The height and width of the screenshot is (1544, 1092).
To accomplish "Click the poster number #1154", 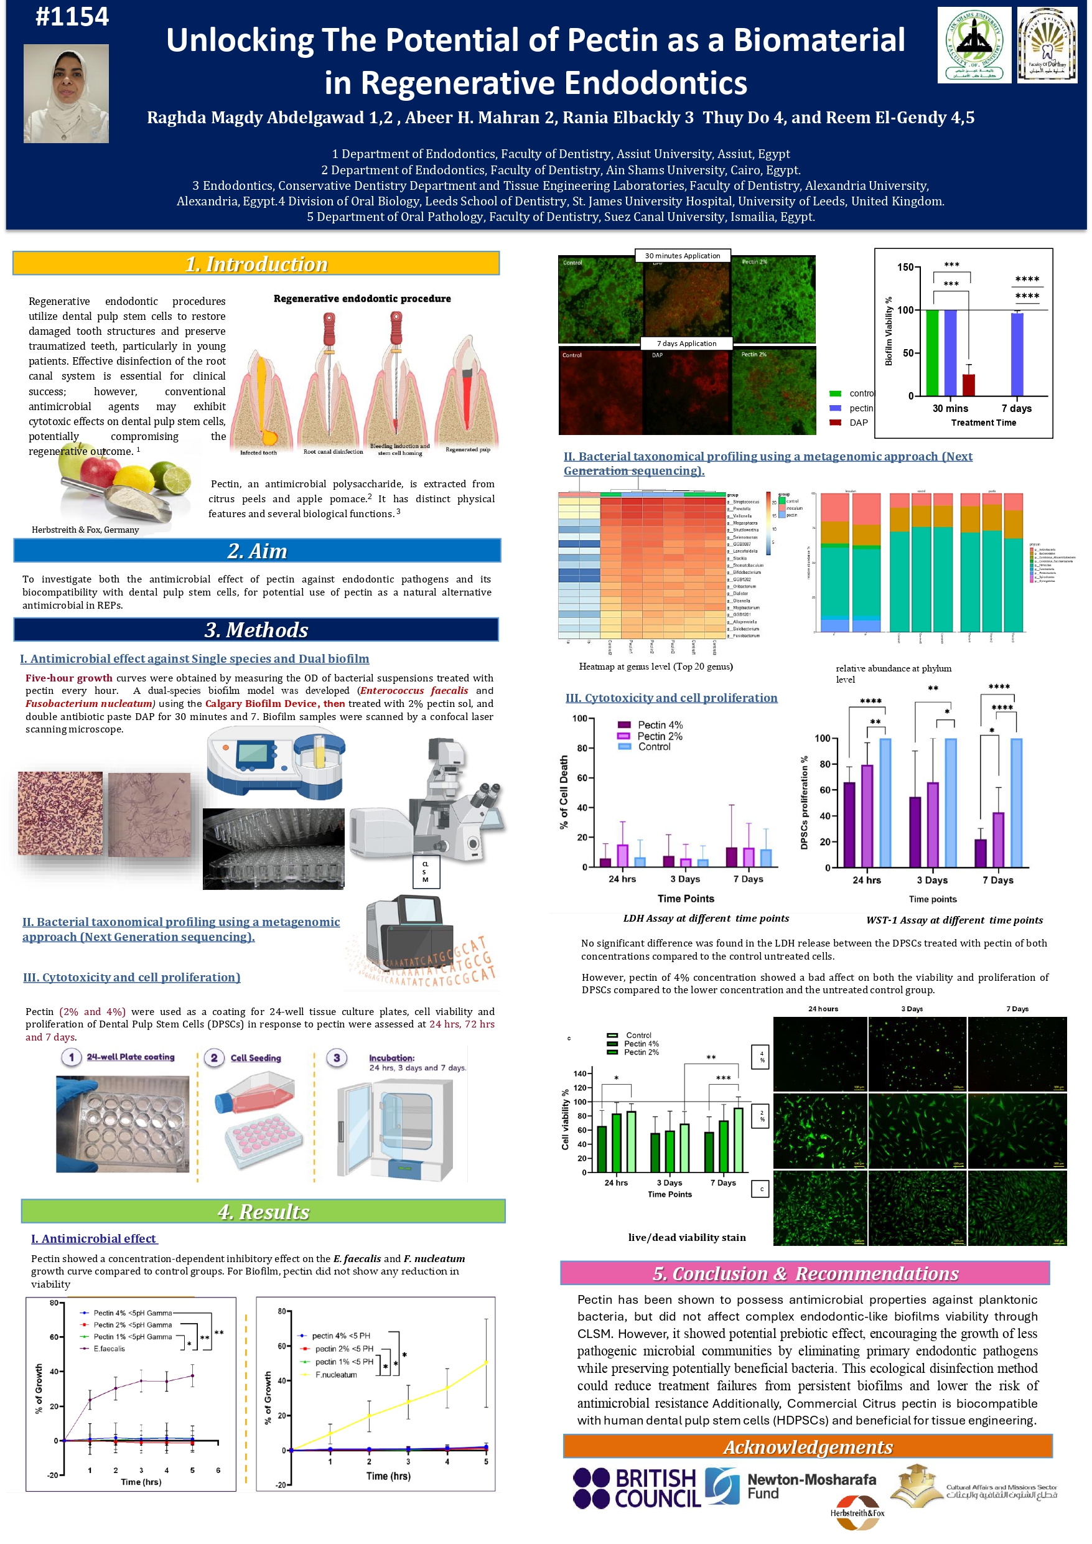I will click(x=72, y=17).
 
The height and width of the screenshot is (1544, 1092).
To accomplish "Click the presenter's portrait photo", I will click(x=66, y=93).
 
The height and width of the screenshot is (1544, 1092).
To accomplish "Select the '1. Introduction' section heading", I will click(x=256, y=264).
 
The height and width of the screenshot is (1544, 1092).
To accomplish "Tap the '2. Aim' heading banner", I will click(x=257, y=551).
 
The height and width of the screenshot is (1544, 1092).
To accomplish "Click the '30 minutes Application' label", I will click(x=682, y=256).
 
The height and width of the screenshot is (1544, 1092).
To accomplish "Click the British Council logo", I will click(x=635, y=1488).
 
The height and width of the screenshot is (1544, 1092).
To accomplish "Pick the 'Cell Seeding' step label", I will click(x=256, y=1058).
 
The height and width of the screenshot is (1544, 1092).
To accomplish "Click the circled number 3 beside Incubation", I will click(x=337, y=1058).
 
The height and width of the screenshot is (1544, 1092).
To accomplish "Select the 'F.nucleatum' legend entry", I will click(x=336, y=1375).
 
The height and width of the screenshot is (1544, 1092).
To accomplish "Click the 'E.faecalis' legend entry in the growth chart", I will click(x=109, y=1349).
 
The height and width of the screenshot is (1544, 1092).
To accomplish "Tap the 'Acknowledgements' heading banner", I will click(x=808, y=1446).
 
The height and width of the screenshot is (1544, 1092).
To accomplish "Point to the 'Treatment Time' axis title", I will click(x=983, y=423).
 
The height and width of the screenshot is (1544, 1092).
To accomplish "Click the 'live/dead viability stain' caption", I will click(x=686, y=1237).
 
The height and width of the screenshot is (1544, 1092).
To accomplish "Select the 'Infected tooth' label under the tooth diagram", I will click(x=258, y=452).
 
